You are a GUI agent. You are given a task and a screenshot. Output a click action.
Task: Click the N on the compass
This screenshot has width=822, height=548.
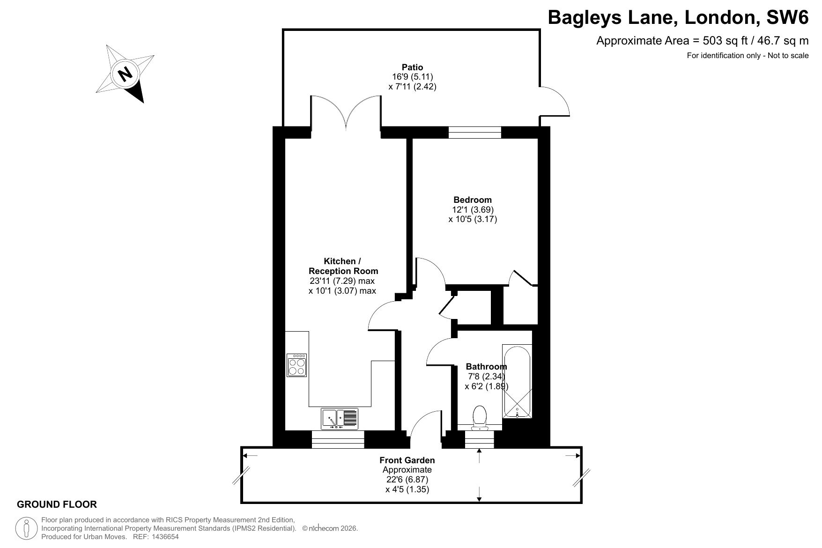pos(125,74)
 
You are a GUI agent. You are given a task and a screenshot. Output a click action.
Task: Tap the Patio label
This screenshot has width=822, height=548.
pos(412,67)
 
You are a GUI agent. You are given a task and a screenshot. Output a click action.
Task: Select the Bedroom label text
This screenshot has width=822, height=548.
pos(473,200)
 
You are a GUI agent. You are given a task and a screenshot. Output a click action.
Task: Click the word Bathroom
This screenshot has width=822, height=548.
pos(486,367)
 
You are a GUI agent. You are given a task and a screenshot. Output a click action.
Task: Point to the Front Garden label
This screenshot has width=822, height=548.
pos(407,460)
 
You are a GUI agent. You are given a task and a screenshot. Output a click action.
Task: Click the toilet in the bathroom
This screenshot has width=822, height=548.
pos(480,418)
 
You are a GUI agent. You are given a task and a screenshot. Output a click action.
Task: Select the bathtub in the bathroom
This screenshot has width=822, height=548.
pos(517,382)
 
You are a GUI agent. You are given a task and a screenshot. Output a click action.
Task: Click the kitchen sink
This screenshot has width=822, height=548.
pos(340,419)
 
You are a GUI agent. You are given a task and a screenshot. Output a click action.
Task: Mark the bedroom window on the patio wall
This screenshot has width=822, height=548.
pos(475,133)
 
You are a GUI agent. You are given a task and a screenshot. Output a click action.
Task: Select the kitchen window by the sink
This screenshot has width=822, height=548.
pos(338,439)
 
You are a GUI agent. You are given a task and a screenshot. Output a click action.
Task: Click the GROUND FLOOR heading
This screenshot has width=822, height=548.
pos(57,504)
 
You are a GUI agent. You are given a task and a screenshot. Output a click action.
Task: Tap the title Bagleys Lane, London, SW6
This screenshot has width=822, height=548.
pos(678,18)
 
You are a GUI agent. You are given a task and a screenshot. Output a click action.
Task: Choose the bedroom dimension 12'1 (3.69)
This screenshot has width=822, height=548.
pos(473,209)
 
